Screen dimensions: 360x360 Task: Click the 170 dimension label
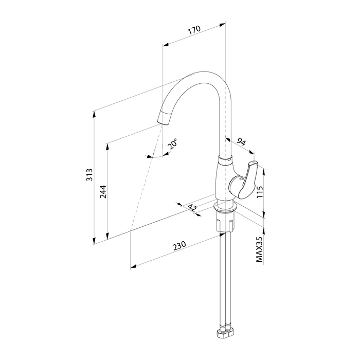click(194, 30)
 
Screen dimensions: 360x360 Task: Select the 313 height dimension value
click(89, 175)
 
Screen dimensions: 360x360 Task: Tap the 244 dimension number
click(103, 192)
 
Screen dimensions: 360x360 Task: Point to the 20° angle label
click(172, 144)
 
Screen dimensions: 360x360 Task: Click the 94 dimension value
click(241, 142)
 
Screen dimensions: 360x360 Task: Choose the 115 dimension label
click(259, 192)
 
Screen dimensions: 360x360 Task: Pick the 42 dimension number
click(192, 208)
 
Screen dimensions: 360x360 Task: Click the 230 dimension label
click(179, 245)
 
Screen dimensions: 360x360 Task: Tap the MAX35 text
click(259, 249)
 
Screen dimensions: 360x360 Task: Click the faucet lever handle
click(247, 179)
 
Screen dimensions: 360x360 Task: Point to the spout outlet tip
click(164, 120)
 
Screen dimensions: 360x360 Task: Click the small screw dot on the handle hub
click(241, 178)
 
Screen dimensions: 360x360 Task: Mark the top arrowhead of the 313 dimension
click(94, 114)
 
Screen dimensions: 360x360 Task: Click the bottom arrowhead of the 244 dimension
click(107, 236)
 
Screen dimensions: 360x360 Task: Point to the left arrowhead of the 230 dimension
click(134, 266)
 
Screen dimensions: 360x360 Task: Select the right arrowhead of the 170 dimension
click(222, 25)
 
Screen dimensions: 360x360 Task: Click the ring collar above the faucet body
click(225, 160)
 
